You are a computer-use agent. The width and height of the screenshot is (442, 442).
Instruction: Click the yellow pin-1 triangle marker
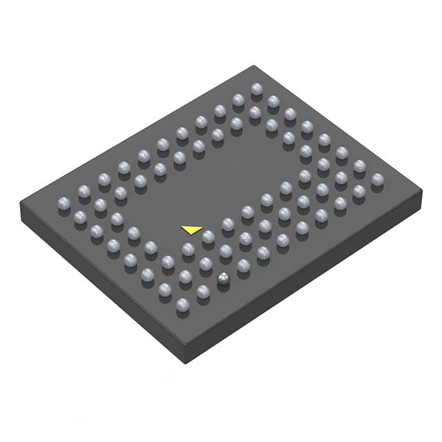191,229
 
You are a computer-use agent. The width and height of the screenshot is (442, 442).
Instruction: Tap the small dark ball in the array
223,278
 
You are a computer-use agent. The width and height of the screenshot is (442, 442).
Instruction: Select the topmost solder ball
257,89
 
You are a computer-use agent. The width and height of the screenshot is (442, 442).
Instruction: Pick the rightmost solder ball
377,180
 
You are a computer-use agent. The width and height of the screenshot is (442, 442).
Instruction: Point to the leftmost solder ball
61,203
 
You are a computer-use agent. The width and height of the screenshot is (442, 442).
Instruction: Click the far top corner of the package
258,66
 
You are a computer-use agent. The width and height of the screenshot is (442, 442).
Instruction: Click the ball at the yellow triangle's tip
207,236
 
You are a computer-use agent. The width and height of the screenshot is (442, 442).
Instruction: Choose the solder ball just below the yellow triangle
187,249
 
